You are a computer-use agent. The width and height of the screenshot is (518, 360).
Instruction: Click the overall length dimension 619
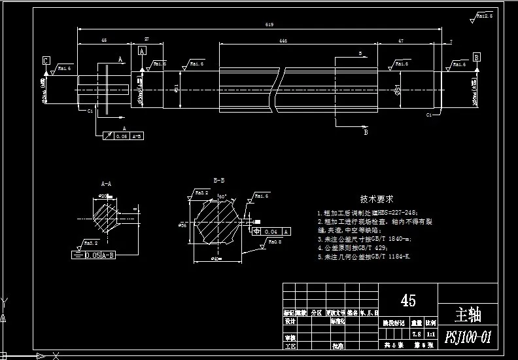click(x=269, y=25)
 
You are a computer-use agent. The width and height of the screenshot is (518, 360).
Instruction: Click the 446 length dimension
click(x=283, y=41)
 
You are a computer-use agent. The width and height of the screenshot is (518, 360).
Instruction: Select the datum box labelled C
click(x=46, y=61)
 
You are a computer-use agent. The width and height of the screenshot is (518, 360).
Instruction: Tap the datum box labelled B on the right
click(x=477, y=58)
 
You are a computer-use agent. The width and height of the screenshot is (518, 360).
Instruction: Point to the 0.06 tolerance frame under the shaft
click(x=121, y=135)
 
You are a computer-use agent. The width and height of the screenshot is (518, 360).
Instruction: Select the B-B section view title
click(x=218, y=179)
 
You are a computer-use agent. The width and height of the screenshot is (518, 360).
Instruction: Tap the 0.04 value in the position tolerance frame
click(x=273, y=232)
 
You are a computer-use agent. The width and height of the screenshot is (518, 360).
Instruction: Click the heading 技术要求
click(x=376, y=198)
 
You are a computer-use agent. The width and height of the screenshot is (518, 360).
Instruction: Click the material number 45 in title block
click(x=408, y=300)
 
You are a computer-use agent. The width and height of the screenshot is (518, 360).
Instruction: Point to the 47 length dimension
click(x=400, y=41)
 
